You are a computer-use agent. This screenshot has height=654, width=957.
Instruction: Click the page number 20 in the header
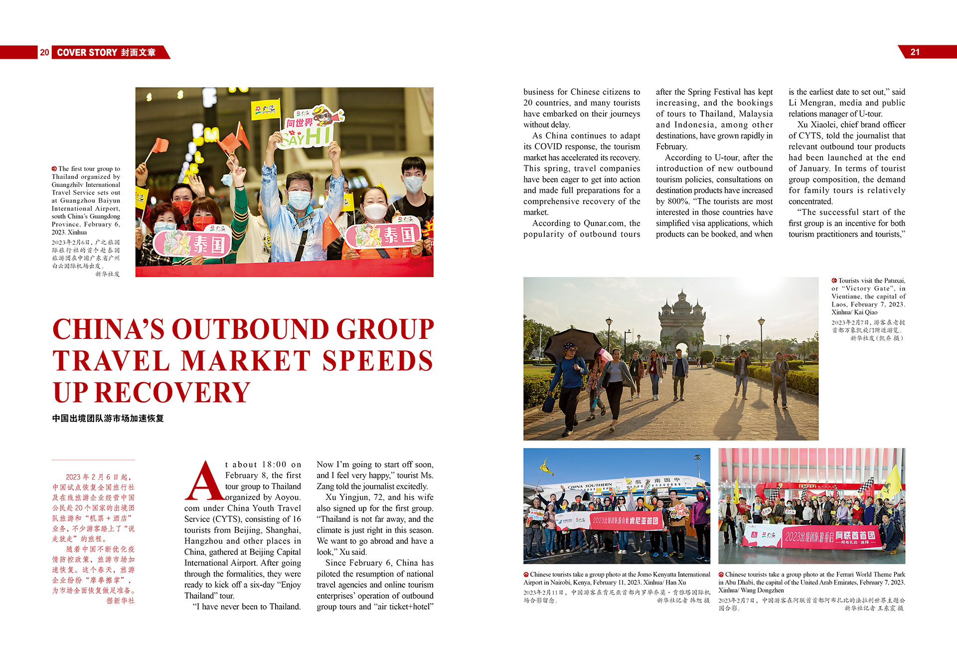44,52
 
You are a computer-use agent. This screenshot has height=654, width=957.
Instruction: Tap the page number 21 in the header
915,52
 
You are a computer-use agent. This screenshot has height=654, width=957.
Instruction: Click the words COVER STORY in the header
87,52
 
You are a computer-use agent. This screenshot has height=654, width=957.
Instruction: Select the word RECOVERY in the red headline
172,393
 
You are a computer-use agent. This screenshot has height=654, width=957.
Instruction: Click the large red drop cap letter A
204,481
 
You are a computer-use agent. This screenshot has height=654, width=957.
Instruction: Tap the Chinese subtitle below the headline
108,419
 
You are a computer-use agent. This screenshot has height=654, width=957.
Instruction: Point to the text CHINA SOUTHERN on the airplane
590,486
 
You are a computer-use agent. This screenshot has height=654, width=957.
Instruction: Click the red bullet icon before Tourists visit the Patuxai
834,281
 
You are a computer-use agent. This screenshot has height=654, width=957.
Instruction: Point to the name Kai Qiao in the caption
866,313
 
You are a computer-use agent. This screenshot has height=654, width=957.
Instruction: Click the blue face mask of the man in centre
299,199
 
